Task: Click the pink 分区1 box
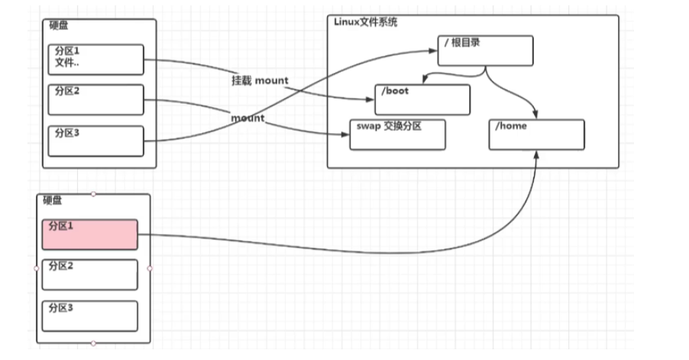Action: tap(90, 235)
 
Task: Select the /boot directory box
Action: tap(422, 99)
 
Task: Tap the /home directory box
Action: tap(536, 135)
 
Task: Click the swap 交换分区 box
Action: tap(396, 134)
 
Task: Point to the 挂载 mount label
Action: tap(260, 80)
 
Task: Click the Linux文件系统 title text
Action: tap(365, 22)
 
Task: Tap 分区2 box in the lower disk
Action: tap(90, 274)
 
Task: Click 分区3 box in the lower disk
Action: tap(90, 315)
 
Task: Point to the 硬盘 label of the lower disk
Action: tap(53, 201)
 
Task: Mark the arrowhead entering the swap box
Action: tap(345, 135)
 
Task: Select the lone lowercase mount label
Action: tap(247, 118)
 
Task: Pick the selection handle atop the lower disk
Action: tap(93, 194)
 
